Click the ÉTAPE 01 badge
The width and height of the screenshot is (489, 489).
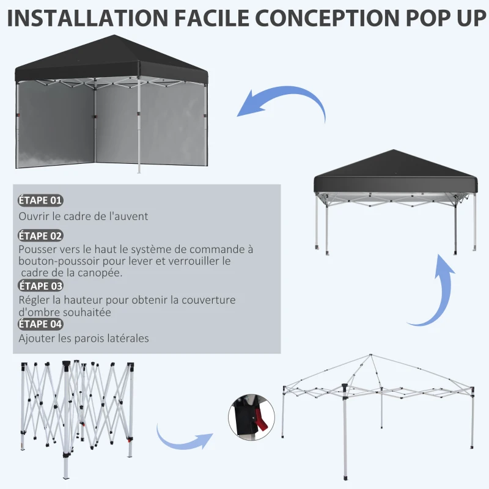coord(40,200)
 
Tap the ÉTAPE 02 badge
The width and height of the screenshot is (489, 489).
coord(40,236)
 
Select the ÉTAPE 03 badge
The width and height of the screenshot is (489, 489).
coord(40,285)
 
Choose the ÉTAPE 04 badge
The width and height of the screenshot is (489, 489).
coord(40,324)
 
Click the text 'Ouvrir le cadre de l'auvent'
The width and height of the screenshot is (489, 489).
coord(83,216)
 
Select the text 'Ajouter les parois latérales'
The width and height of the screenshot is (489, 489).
coord(84,338)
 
